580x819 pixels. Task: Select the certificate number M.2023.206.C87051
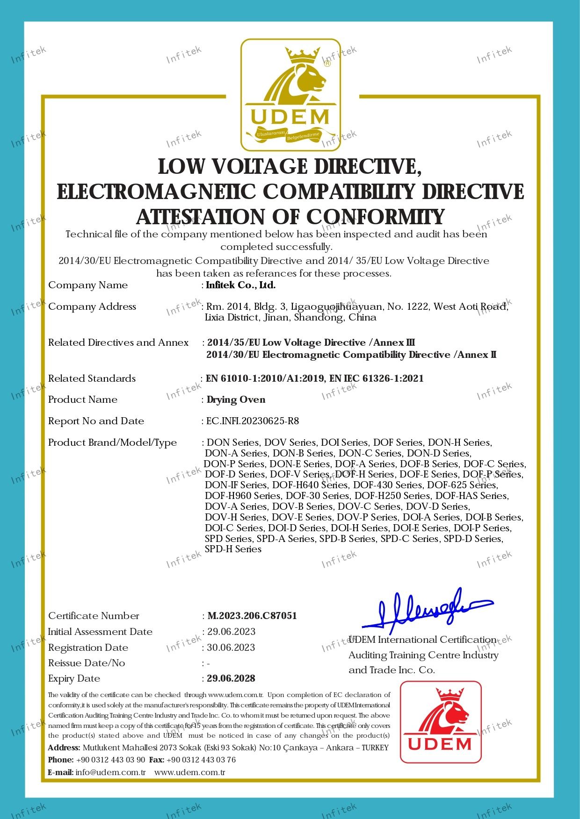pyautogui.click(x=252, y=616)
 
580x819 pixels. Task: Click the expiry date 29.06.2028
pyautogui.click(x=232, y=678)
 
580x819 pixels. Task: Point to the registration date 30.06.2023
pyautogui.click(x=231, y=648)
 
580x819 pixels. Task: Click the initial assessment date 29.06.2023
pyautogui.click(x=232, y=632)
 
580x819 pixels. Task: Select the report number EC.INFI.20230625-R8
pyautogui.click(x=253, y=421)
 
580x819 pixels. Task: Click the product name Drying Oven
pyautogui.click(x=236, y=399)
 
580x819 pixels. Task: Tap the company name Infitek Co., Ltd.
pyautogui.click(x=241, y=285)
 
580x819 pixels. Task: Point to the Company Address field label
pyautogui.click(x=92, y=306)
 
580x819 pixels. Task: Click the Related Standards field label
pyautogui.click(x=92, y=378)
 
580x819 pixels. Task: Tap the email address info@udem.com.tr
pyautogui.click(x=111, y=772)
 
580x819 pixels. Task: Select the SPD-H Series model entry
pyautogui.click(x=233, y=549)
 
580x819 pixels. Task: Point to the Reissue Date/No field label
pyautogui.click(x=87, y=663)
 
